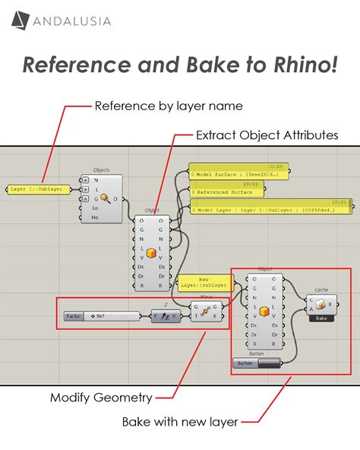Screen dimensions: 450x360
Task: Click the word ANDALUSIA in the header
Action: tap(72, 21)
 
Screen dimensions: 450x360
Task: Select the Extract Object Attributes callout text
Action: tap(267, 135)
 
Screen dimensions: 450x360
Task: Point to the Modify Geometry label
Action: tap(101, 397)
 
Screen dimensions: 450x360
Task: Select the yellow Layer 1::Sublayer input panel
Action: tap(38, 189)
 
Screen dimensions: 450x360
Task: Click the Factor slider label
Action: tap(74, 315)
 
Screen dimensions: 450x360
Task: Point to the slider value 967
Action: tap(99, 315)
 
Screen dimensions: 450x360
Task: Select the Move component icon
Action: tap(204, 312)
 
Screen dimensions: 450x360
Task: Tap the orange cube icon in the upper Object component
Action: tap(151, 252)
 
